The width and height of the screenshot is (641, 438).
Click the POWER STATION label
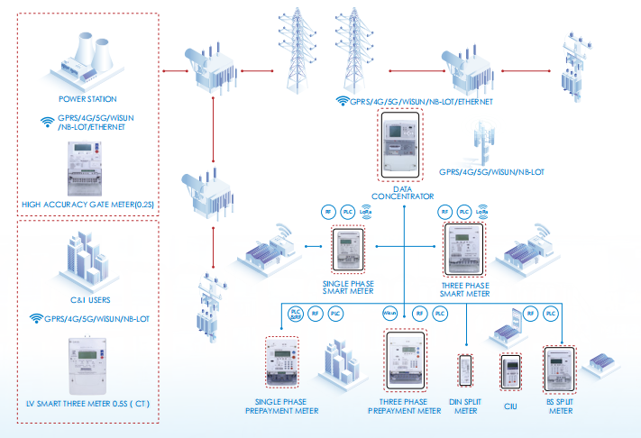click(x=87, y=98)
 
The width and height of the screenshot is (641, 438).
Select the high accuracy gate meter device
click(x=87, y=171)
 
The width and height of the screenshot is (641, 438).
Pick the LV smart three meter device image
click(x=87, y=366)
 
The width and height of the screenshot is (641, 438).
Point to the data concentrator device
click(x=401, y=143)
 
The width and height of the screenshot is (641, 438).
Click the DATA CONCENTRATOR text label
click(x=402, y=191)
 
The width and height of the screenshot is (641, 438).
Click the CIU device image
click(x=510, y=371)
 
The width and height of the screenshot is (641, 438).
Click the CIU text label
click(x=511, y=406)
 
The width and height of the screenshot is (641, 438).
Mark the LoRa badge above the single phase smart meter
click(x=366, y=212)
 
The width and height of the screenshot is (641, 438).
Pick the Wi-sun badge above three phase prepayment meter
click(x=390, y=314)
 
